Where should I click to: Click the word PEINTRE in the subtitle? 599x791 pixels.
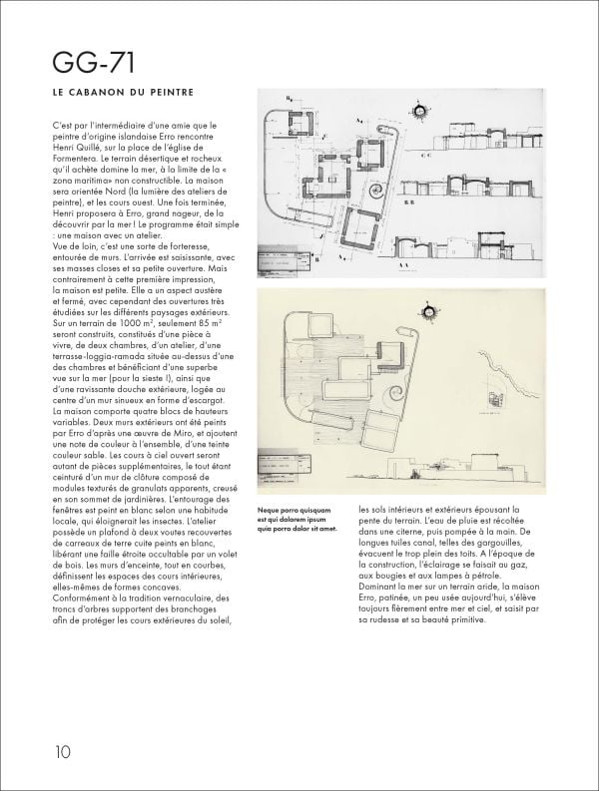168,96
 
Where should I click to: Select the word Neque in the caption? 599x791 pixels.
271,509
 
